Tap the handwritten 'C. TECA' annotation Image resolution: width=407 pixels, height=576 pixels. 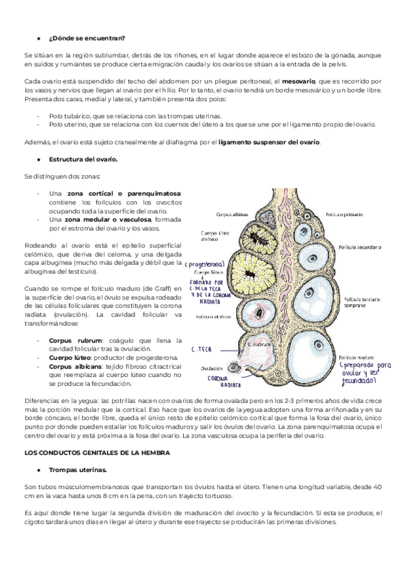tap(203, 349)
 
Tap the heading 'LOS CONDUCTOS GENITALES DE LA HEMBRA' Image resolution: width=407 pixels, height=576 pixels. tap(97, 452)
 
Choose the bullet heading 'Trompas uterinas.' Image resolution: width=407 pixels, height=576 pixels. tap(77, 469)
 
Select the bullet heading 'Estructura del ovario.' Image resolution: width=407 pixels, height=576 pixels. tap(82, 159)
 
